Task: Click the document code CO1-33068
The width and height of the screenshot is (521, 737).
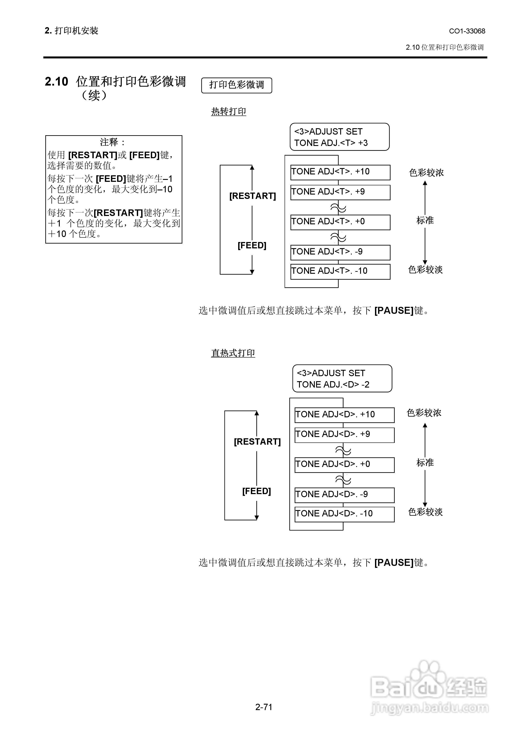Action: pyautogui.click(x=467, y=31)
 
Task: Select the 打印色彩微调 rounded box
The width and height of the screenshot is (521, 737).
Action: pyautogui.click(x=237, y=85)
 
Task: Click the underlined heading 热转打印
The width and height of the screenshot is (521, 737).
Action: pyautogui.click(x=229, y=111)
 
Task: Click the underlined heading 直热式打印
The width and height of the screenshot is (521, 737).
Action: pyautogui.click(x=233, y=353)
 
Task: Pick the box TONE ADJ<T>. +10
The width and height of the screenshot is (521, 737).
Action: pyautogui.click(x=340, y=172)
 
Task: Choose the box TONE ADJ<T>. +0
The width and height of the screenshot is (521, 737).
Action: pyautogui.click(x=340, y=222)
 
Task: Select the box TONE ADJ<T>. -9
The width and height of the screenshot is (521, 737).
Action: pyautogui.click(x=340, y=252)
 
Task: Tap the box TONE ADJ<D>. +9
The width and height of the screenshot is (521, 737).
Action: pyautogui.click(x=345, y=435)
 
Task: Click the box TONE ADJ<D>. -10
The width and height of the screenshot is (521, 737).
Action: pyautogui.click(x=345, y=514)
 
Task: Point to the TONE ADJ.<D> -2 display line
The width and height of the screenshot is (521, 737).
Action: pyautogui.click(x=333, y=384)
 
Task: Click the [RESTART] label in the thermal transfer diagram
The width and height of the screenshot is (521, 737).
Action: pyautogui.click(x=252, y=196)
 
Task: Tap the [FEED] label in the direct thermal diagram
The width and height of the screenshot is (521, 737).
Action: pyautogui.click(x=257, y=491)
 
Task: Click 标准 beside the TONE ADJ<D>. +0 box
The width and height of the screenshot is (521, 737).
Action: pyautogui.click(x=425, y=463)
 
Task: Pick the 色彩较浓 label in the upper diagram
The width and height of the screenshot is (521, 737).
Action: pyautogui.click(x=426, y=173)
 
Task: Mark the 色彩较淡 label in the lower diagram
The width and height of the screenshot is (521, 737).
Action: pyautogui.click(x=425, y=512)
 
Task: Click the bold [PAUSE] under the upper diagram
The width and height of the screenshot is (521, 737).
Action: pyautogui.click(x=394, y=310)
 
